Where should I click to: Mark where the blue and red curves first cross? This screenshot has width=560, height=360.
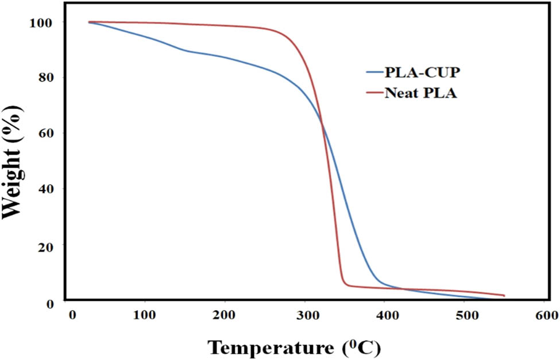tap(320, 125)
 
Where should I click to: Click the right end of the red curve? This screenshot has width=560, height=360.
tap(504, 296)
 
